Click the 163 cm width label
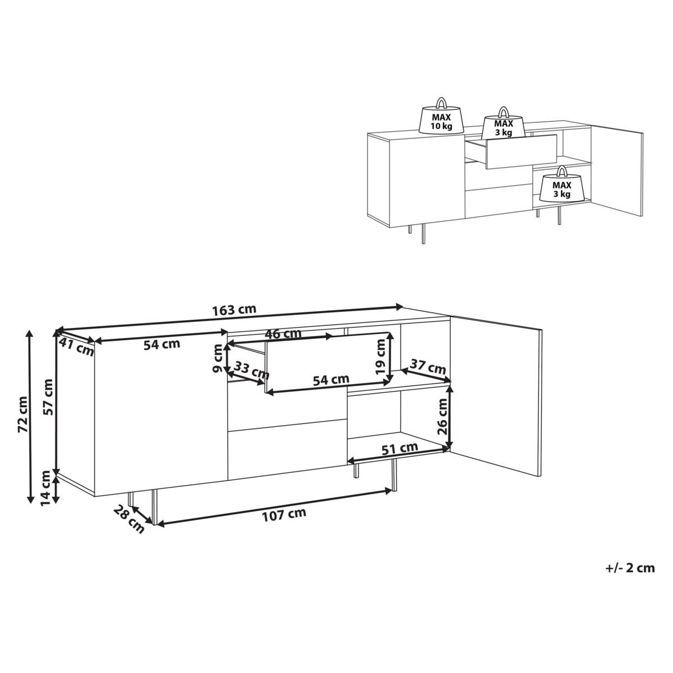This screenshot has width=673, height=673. click(234, 310)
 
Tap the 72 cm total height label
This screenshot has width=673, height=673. click(23, 415)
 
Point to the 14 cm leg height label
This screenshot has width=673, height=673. click(47, 488)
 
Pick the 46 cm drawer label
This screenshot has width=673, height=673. click(283, 334)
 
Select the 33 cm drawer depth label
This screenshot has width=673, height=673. click(252, 370)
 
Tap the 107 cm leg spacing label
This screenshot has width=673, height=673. click(284, 513)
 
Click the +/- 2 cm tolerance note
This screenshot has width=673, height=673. click(630, 568)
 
